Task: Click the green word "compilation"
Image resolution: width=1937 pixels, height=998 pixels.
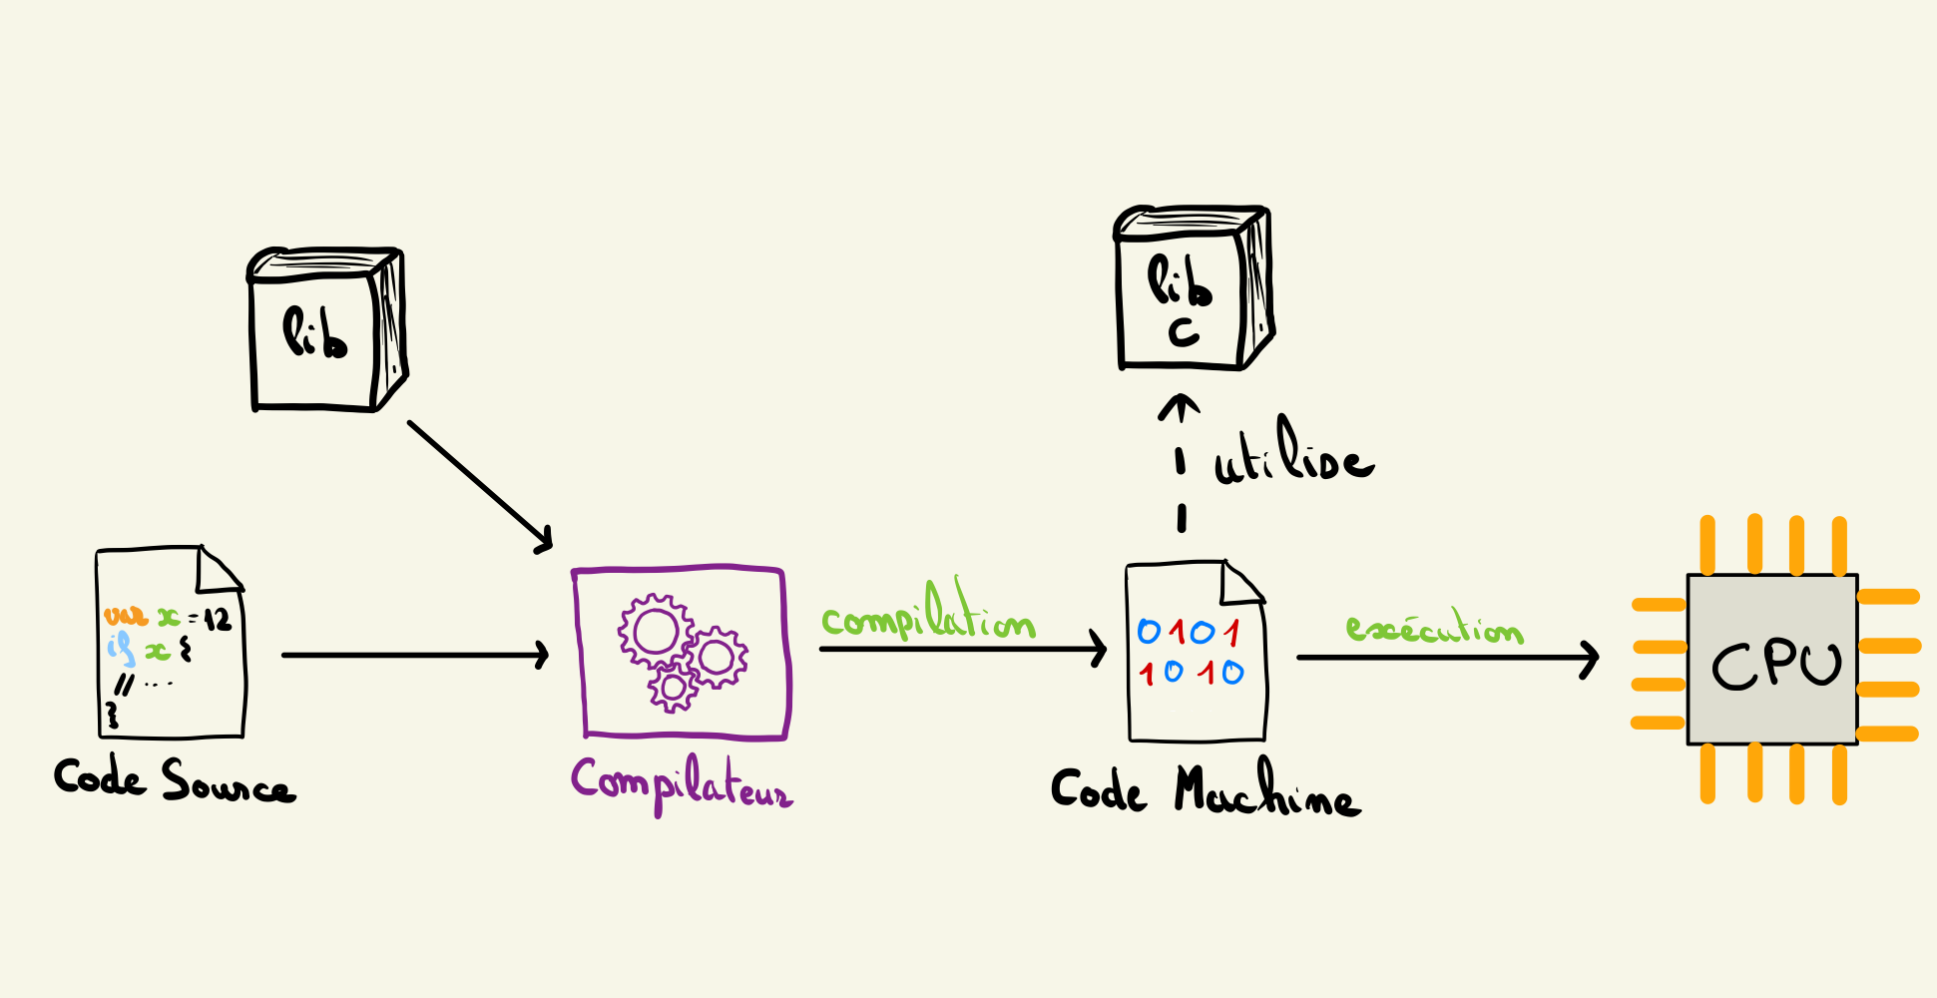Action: [x=928, y=619]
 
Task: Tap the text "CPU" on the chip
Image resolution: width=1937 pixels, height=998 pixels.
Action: [x=1776, y=663]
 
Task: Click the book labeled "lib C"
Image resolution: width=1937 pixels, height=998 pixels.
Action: [x=1193, y=289]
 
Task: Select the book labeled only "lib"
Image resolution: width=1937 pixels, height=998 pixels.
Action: [x=325, y=330]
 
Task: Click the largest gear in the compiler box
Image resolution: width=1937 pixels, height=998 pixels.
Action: [x=656, y=632]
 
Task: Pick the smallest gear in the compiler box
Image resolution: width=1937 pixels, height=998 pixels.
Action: [x=674, y=687]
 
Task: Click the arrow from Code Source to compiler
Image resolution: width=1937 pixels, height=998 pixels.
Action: [x=415, y=655]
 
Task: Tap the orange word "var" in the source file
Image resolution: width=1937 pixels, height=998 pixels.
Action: [x=126, y=616]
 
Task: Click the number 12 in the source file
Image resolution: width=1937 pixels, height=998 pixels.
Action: [x=218, y=620]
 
